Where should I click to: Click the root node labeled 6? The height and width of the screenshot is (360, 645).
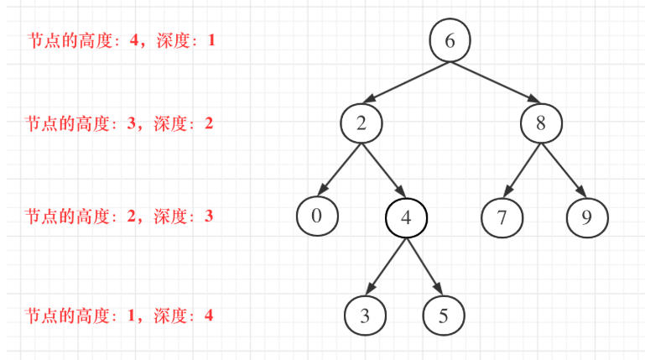point(450,41)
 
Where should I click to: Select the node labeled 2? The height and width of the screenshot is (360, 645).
point(362,123)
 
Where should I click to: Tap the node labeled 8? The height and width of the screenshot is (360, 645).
point(541,123)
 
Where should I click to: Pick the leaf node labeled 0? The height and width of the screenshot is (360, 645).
point(317,216)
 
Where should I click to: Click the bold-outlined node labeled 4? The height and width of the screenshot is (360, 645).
point(406,217)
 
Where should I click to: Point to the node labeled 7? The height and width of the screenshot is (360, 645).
point(502,217)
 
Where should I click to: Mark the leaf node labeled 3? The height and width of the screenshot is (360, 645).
point(365,316)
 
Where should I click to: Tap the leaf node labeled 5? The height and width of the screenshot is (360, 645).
point(444,316)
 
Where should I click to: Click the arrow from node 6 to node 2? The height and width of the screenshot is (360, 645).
point(405,82)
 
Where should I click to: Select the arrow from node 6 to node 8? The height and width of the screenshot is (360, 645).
point(497,82)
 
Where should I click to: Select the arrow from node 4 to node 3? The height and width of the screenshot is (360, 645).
point(387,266)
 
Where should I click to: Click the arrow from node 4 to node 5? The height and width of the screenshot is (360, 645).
point(424,266)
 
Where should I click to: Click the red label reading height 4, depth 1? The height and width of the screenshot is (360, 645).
point(121,39)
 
